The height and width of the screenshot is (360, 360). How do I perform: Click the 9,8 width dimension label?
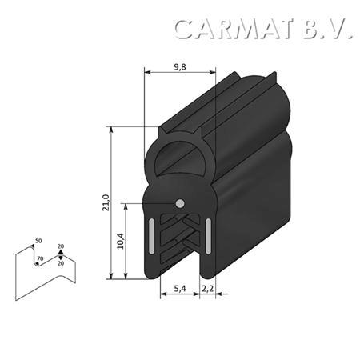coord(180,67)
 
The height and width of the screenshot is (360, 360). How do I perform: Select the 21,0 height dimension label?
coord(106,202)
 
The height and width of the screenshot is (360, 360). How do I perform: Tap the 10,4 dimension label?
coord(121,241)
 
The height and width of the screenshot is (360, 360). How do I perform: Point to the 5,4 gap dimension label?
coord(180,288)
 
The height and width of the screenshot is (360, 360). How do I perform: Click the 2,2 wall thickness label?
coord(207,288)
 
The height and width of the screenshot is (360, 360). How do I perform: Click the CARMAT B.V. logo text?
coord(263,29)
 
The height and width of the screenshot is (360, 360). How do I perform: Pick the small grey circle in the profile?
coord(180,203)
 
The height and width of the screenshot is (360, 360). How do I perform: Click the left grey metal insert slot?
coord(151,236)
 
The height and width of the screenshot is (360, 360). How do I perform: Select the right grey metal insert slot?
coord(208,236)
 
